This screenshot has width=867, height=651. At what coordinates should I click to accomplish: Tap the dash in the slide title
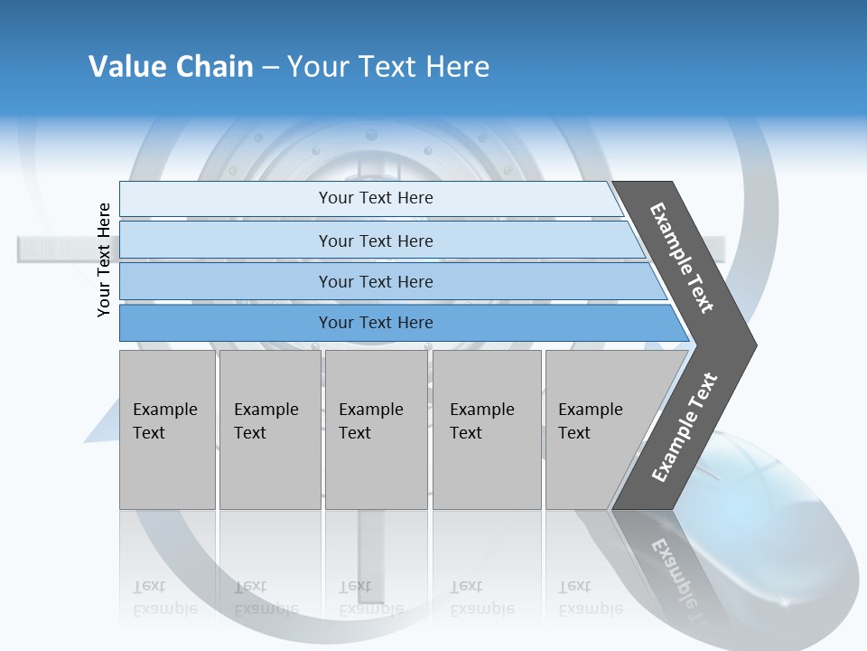pyautogui.click(x=270, y=68)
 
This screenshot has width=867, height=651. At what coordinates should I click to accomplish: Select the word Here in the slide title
pyautogui.click(x=457, y=67)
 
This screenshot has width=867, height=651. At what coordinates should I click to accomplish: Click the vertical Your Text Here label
pyautogui.click(x=104, y=259)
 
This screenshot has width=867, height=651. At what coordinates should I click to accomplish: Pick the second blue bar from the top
pyautogui.click(x=375, y=241)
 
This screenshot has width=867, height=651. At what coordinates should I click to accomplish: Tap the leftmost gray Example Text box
pyautogui.click(x=167, y=429)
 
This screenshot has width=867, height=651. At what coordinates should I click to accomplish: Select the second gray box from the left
pyautogui.click(x=270, y=429)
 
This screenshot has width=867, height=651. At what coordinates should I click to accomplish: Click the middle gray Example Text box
pyautogui.click(x=376, y=429)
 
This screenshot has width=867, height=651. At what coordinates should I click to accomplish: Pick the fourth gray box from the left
pyautogui.click(x=487, y=429)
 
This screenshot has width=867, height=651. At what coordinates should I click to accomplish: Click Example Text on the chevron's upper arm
pyautogui.click(x=683, y=257)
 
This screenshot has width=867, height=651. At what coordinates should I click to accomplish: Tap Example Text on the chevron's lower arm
pyautogui.click(x=685, y=427)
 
